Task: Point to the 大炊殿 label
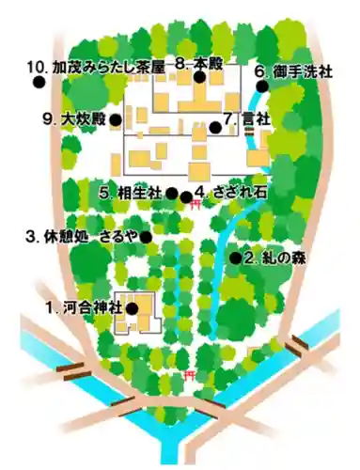click(x=74, y=119)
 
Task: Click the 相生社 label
click(x=132, y=193)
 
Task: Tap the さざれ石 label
click(x=231, y=193)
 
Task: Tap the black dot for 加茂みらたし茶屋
click(x=39, y=83)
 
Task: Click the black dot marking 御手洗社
click(x=262, y=86)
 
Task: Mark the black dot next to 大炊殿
click(x=114, y=120)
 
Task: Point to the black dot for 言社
click(x=215, y=128)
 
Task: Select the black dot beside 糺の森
click(x=235, y=257)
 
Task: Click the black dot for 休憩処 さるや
click(x=146, y=236)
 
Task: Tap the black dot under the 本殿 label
click(x=199, y=80)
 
